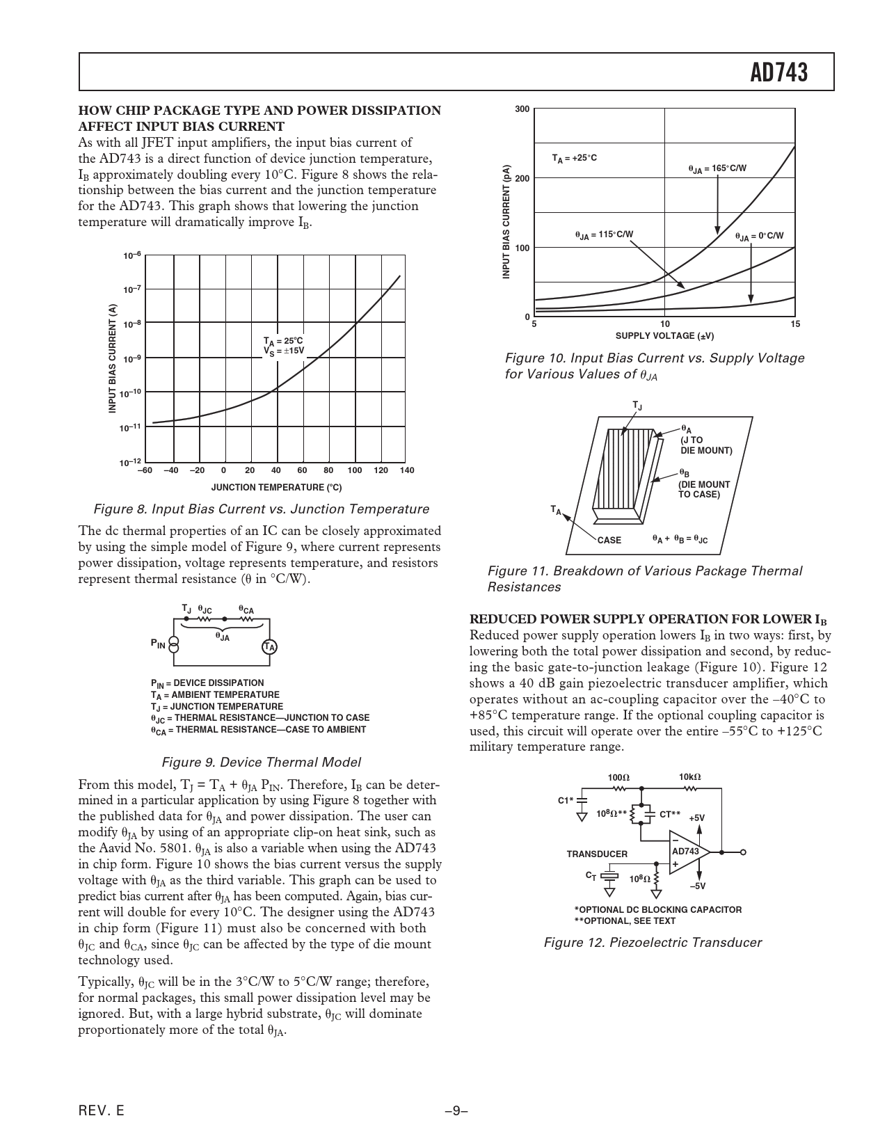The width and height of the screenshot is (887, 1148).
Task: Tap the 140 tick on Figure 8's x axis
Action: click(x=407, y=471)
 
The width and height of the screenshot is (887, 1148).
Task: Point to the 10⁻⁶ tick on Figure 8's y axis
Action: click(x=132, y=256)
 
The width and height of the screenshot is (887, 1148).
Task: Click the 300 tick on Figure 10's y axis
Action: click(x=522, y=110)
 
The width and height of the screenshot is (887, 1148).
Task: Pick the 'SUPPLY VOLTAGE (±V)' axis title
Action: click(x=664, y=337)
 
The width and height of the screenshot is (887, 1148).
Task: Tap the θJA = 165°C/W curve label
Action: click(x=717, y=169)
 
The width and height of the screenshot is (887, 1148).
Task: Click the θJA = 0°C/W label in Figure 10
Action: click(x=759, y=237)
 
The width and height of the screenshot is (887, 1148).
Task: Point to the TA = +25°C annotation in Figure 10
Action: click(x=575, y=159)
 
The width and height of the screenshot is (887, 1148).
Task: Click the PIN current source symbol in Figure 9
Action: click(x=175, y=644)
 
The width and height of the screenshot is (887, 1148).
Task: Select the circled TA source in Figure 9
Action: click(x=269, y=647)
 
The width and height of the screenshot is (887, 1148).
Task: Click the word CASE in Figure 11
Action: click(x=609, y=540)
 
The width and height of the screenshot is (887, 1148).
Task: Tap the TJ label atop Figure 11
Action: click(x=637, y=405)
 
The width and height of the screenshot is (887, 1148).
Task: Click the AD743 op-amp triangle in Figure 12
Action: click(x=687, y=852)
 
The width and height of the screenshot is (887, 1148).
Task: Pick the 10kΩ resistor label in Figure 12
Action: click(x=689, y=777)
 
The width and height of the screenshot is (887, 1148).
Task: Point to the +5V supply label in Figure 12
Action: click(x=696, y=818)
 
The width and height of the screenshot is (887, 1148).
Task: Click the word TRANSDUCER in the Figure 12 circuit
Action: click(x=597, y=854)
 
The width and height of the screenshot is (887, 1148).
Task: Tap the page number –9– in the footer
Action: click(x=456, y=1111)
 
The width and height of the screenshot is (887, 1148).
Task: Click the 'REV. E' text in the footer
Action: click(x=102, y=1111)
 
